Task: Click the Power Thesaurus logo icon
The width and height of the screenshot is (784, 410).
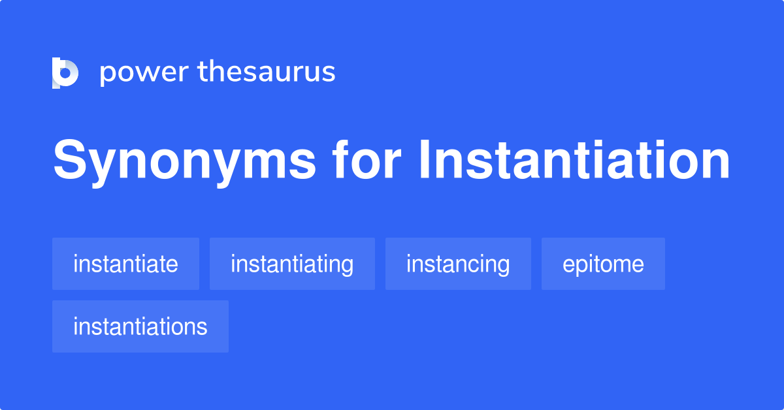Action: click(x=65, y=72)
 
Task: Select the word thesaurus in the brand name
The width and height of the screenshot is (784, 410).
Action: click(x=267, y=72)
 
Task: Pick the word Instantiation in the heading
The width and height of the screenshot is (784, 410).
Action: click(x=574, y=161)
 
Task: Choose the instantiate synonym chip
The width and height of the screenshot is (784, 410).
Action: click(x=125, y=264)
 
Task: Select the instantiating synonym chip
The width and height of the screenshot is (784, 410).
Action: click(x=292, y=264)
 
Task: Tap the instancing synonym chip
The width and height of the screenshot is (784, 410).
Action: click(x=458, y=264)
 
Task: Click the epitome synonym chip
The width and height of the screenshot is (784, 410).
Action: click(x=603, y=264)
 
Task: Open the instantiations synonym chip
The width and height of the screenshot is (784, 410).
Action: click(x=140, y=326)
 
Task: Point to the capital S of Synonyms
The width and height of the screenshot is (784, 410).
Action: click(x=69, y=161)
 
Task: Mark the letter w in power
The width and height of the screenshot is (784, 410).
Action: click(x=149, y=73)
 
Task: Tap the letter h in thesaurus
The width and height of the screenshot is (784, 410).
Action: click(x=218, y=72)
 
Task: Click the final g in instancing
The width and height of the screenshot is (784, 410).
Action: click(x=502, y=266)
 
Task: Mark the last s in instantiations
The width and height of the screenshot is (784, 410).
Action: click(x=203, y=327)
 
